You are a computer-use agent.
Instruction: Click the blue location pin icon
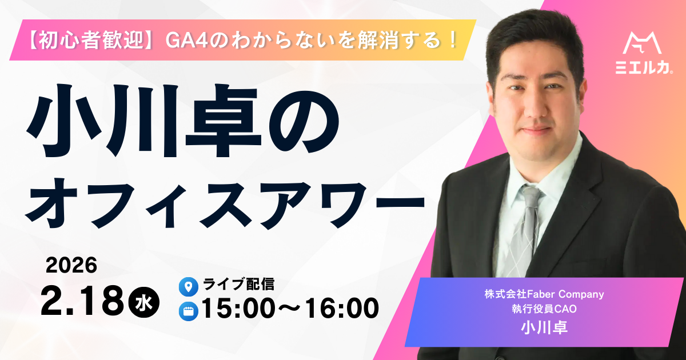point(188,286)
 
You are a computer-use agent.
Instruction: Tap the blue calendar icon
point(188,311)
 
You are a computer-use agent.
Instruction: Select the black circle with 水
point(144,302)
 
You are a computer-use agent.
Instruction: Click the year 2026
point(71,265)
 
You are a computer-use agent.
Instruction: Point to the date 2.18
point(82,301)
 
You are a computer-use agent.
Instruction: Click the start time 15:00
point(238,308)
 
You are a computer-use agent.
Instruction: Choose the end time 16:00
point(342,308)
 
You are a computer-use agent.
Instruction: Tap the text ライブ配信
point(238,284)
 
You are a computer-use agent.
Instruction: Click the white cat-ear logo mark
point(643,43)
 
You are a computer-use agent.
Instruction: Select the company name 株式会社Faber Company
point(544,294)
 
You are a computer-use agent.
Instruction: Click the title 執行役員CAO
point(544,309)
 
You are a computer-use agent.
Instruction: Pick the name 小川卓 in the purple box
point(544,327)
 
